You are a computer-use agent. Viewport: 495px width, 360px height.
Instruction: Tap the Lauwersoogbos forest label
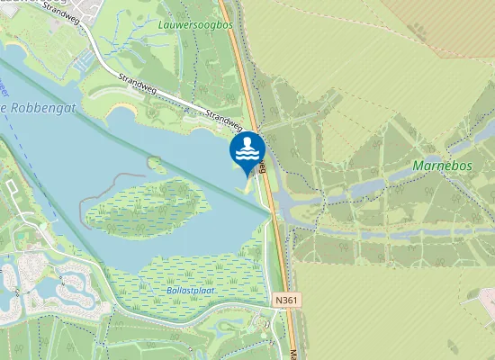(x=195, y=25)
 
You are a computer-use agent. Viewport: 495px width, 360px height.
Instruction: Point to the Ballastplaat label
(x=195, y=290)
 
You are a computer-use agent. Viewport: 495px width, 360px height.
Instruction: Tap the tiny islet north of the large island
(x=155, y=164)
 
